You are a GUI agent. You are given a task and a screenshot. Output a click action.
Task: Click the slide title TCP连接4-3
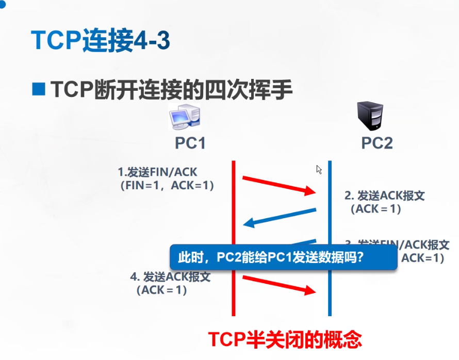pos(100,40)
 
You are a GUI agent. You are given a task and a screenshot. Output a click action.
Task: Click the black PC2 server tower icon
pos(370,116)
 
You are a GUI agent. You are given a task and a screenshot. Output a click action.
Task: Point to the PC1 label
pos(190,143)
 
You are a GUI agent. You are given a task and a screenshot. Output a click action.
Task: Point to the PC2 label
pos(377,143)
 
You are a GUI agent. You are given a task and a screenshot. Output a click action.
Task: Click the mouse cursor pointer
pos(319,170)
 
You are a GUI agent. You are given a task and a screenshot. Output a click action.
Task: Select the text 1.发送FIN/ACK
pos(158,172)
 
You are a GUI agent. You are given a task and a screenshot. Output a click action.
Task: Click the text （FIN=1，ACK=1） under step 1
pos(166,185)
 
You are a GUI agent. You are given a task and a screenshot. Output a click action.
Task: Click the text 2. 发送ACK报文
pos(385,196)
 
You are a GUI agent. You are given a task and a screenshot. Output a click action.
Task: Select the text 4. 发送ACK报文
pos(170,276)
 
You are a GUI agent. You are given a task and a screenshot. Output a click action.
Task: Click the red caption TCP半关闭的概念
pos(285,339)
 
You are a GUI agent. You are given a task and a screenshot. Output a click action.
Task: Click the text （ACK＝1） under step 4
pos(161,290)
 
